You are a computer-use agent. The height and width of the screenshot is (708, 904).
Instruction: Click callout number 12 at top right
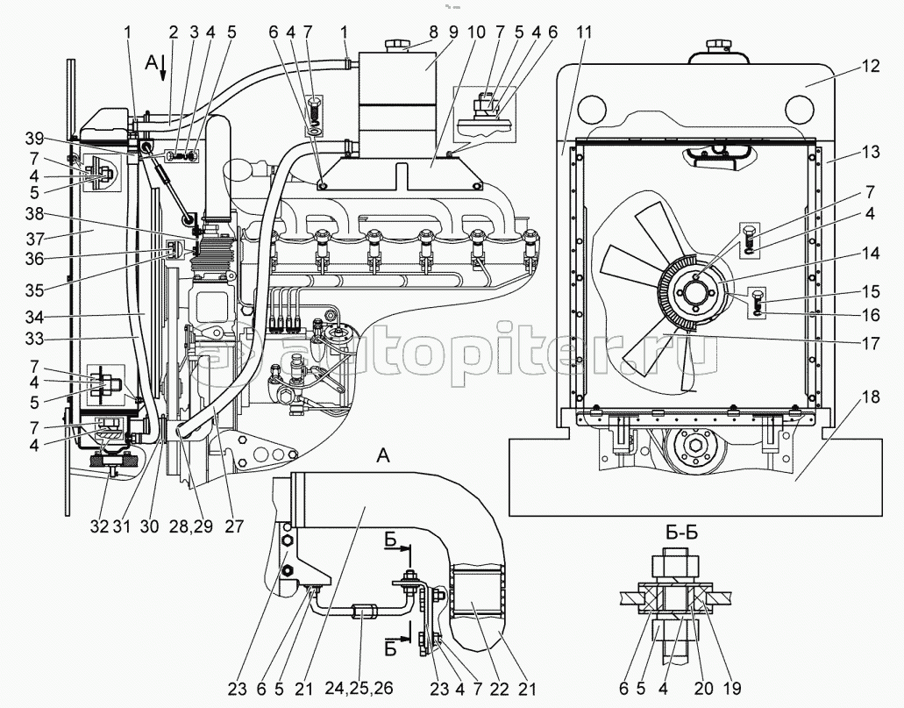[x=871, y=67]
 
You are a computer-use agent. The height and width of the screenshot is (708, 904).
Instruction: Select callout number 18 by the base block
[x=871, y=397]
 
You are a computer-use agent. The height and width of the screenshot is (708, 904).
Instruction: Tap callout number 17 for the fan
[x=871, y=343]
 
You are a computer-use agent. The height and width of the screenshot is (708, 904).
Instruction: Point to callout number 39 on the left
[x=34, y=139]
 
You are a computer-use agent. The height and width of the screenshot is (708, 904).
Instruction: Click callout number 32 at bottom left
[x=99, y=526]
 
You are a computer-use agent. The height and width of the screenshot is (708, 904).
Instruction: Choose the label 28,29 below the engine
[x=191, y=526]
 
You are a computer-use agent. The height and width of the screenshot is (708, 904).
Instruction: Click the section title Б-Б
[x=681, y=532]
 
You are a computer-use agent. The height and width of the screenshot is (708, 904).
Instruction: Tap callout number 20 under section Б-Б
[x=704, y=689]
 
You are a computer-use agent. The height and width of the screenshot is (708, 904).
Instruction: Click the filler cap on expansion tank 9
[x=396, y=45]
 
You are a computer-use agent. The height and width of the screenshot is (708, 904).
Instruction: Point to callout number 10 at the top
[x=476, y=32]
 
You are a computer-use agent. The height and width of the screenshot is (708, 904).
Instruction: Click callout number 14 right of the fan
[x=871, y=253]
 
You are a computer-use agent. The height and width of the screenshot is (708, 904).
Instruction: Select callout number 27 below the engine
[x=234, y=526]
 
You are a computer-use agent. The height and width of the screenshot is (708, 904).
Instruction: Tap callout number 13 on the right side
[x=871, y=152]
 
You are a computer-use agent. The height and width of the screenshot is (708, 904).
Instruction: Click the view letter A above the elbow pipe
[x=383, y=456]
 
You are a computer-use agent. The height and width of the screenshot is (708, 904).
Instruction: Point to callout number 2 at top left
[x=174, y=32]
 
